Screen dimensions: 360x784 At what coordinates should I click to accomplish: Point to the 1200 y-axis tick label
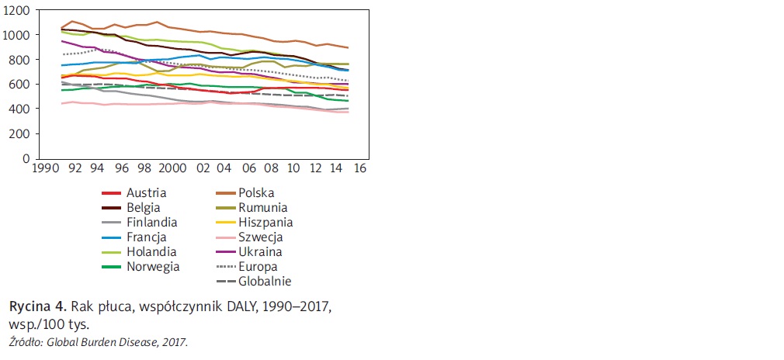17,11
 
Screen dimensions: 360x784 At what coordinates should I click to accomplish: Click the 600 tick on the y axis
21,85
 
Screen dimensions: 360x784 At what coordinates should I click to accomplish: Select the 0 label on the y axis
27,158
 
